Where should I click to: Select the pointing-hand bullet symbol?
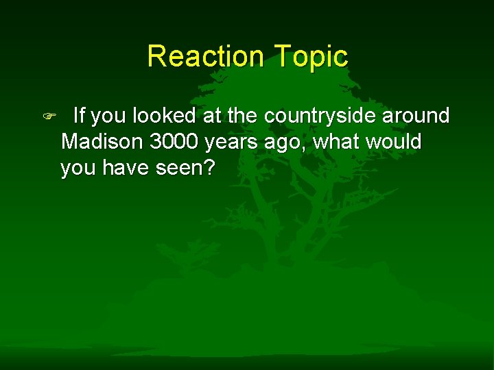pos(47,117)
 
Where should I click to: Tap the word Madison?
pos(102,142)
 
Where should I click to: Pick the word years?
pos(234,143)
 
